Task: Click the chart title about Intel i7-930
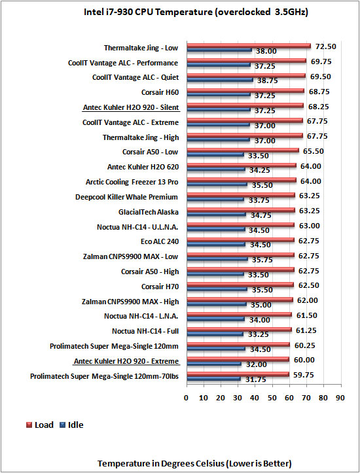(196, 12)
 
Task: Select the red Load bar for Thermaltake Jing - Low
(249, 46)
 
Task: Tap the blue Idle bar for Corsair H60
(219, 95)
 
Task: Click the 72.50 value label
(325, 46)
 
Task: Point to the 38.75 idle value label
(267, 80)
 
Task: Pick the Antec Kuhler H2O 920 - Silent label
(131, 107)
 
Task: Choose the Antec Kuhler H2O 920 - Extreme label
(126, 361)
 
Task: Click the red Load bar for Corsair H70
(240, 285)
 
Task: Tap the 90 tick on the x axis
(340, 398)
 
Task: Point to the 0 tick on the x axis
(186, 398)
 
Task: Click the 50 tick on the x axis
(272, 398)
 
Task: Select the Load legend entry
(40, 425)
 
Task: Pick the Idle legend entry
(72, 425)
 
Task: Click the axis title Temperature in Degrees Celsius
(194, 463)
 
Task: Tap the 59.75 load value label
(304, 375)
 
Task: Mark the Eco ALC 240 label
(160, 241)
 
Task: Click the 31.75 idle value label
(255, 379)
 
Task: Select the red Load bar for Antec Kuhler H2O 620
(242, 165)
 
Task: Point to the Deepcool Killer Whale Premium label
(126, 197)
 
